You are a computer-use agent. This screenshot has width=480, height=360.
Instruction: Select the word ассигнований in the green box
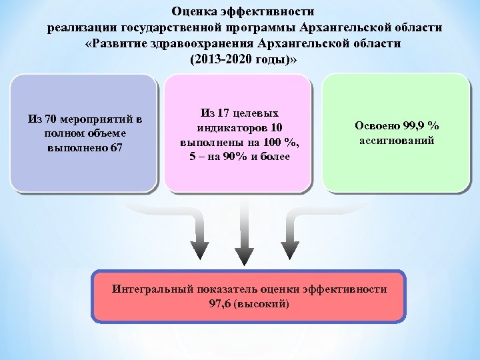point(397,141)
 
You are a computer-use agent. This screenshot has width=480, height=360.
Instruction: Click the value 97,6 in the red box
point(221,304)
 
